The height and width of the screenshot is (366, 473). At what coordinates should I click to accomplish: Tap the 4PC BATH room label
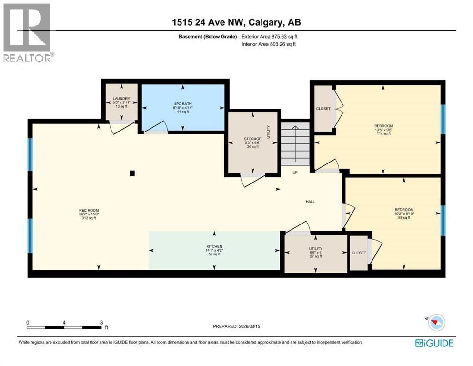(x=183, y=104)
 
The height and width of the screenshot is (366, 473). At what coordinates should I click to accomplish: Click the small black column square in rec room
(x=133, y=173)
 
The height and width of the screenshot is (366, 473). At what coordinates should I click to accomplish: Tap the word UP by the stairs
(x=295, y=173)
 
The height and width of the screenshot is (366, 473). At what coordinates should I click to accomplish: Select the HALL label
(x=310, y=202)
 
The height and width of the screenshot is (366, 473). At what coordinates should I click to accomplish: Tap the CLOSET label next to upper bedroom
(x=323, y=109)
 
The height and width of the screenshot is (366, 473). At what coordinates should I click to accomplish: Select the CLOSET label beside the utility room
(x=359, y=253)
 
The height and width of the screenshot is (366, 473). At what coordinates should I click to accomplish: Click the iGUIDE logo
(x=434, y=343)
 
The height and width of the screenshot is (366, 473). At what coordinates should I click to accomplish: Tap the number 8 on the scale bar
(x=101, y=323)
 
